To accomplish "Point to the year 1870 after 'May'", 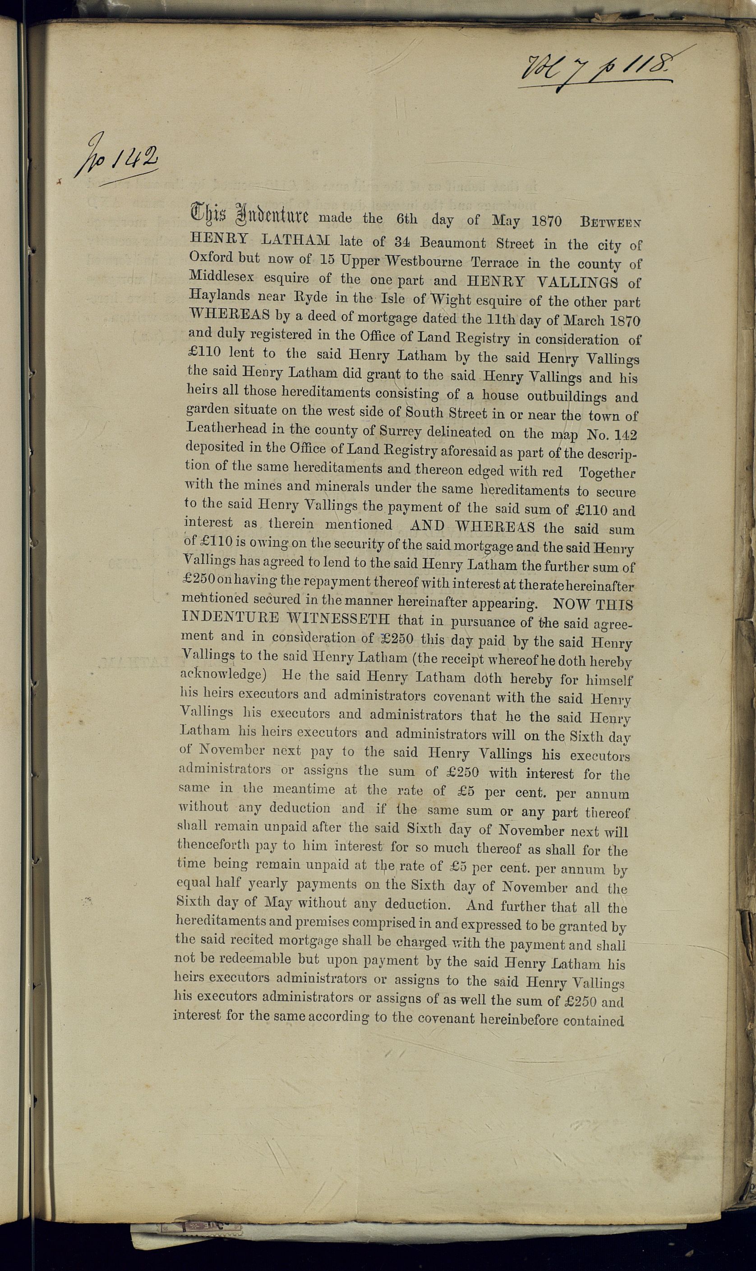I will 546,221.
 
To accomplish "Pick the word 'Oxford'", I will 211,257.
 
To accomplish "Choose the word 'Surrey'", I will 401,431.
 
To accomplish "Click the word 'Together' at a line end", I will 607,473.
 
